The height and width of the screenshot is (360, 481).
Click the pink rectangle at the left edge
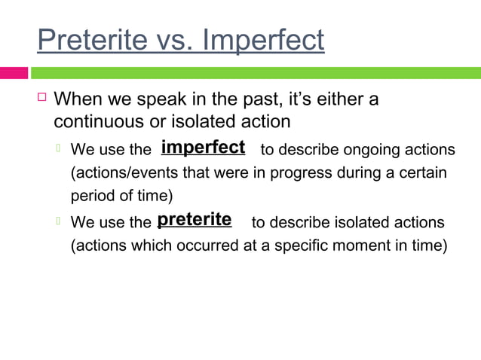click(14, 73)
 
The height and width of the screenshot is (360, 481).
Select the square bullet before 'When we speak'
click(42, 97)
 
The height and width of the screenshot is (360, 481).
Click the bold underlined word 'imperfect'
click(203, 147)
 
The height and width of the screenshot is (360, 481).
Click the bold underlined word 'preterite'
click(195, 220)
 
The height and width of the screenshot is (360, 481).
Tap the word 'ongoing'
click(360, 148)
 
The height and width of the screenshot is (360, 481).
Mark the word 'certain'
click(421, 172)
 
